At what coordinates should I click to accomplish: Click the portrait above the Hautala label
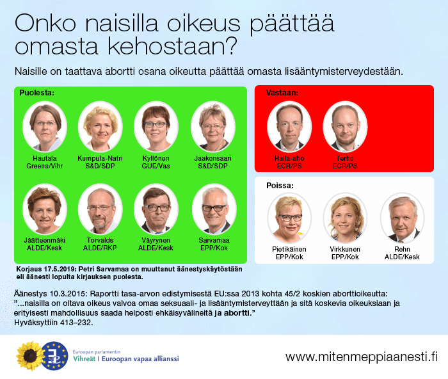pos(45,127)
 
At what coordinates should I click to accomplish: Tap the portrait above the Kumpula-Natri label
pos(100,127)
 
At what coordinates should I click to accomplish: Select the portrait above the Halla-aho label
pos(289,127)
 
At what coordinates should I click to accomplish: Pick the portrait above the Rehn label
pos(403,218)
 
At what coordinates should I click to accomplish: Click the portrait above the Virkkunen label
pos(345,218)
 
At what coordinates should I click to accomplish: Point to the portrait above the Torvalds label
pos(100,209)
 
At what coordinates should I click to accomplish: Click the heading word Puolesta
pos(37,93)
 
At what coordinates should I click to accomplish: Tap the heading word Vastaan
pos(282,93)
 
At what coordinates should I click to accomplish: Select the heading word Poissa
pos(280,186)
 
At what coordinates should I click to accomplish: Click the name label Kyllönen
pos(156,158)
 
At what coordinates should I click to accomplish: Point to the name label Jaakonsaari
pos(213,158)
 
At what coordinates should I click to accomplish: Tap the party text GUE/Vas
pos(156,166)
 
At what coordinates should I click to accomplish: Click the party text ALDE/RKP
pos(100,248)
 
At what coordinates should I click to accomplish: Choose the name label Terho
pos(345,158)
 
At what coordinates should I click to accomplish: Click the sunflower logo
pos(30,356)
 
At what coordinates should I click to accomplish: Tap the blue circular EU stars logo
pos(54,356)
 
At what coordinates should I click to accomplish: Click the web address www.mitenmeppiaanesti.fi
pos(362,357)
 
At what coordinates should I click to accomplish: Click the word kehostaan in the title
pos(173,45)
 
